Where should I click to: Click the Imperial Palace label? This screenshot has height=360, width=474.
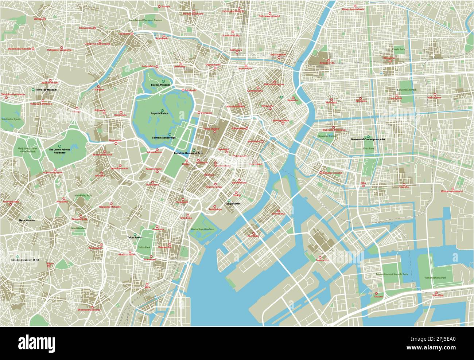coord(160,113)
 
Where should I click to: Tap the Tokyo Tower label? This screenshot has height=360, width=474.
coord(134,238)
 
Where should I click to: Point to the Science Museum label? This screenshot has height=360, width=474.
coord(160,85)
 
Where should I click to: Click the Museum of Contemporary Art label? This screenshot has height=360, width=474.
coord(368,140)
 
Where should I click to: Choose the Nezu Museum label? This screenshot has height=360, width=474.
coord(27,220)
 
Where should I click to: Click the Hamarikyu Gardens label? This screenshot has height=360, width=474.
coord(202,229)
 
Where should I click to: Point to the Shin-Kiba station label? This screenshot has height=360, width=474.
coord(438,295)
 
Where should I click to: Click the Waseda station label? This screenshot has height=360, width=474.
coord(38,19)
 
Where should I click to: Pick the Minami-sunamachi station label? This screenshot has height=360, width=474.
coord(451,191)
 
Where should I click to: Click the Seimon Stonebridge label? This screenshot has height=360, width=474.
coord(164,138)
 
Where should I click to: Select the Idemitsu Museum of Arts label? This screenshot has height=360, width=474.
coord(189,153)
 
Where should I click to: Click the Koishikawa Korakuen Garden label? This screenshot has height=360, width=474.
coord(145,20)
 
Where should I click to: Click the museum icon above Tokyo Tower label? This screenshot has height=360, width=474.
coord(135,234)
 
